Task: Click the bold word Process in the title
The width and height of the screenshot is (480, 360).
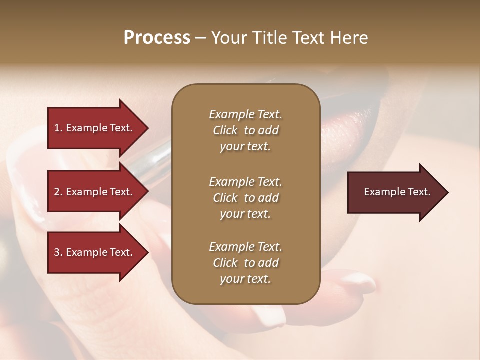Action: click(157, 38)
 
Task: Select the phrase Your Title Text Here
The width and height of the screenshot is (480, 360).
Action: click(289, 38)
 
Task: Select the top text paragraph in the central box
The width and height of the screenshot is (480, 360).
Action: click(245, 130)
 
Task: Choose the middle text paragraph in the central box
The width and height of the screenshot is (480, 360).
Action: click(245, 197)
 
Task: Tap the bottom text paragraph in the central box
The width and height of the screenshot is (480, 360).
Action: click(245, 263)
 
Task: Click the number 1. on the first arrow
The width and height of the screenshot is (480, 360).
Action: click(58, 128)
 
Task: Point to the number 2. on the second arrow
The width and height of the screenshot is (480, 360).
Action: click(58, 192)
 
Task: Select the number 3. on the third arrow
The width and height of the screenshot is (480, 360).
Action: click(58, 252)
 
